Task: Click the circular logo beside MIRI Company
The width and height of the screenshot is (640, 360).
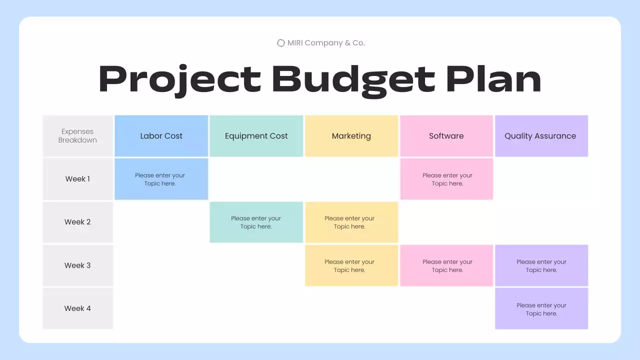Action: click(281, 43)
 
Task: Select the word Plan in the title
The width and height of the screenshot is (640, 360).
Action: click(493, 79)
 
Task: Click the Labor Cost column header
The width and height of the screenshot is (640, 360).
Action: click(161, 136)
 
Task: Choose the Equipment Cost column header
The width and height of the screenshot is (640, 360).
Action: click(256, 136)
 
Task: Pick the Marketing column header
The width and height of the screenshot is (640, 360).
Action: click(351, 136)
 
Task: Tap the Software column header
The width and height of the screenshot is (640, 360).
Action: click(446, 136)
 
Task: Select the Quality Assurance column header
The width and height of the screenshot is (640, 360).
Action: click(541, 136)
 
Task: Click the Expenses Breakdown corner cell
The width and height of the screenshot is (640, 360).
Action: click(77, 136)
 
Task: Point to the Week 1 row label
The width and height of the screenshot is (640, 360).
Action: click(77, 179)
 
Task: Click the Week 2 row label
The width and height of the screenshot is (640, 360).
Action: click(77, 222)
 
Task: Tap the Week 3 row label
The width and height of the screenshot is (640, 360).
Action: click(77, 265)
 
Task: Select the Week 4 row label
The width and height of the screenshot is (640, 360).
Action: click(77, 308)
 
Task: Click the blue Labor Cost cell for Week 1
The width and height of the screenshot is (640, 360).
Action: click(161, 179)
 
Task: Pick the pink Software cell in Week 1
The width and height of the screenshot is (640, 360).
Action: click(446, 179)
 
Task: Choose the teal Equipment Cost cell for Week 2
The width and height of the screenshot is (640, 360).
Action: click(256, 222)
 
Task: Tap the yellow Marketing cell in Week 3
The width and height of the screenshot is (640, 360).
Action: click(351, 265)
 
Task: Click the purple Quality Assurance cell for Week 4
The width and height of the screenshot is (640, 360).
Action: click(541, 308)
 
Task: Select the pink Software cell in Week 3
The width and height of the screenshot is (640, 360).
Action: click(446, 265)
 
